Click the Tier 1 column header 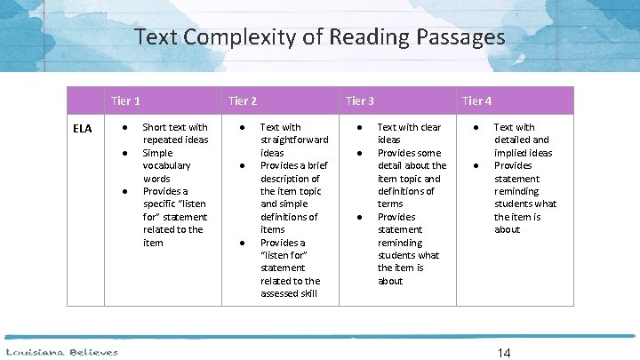[125, 100]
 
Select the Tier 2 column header [243, 100]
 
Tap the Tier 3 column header [359, 100]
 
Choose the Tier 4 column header [476, 100]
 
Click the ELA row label [82, 129]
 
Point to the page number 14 [504, 353]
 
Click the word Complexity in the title [249, 38]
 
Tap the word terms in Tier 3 [390, 204]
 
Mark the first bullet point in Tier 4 [476, 128]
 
